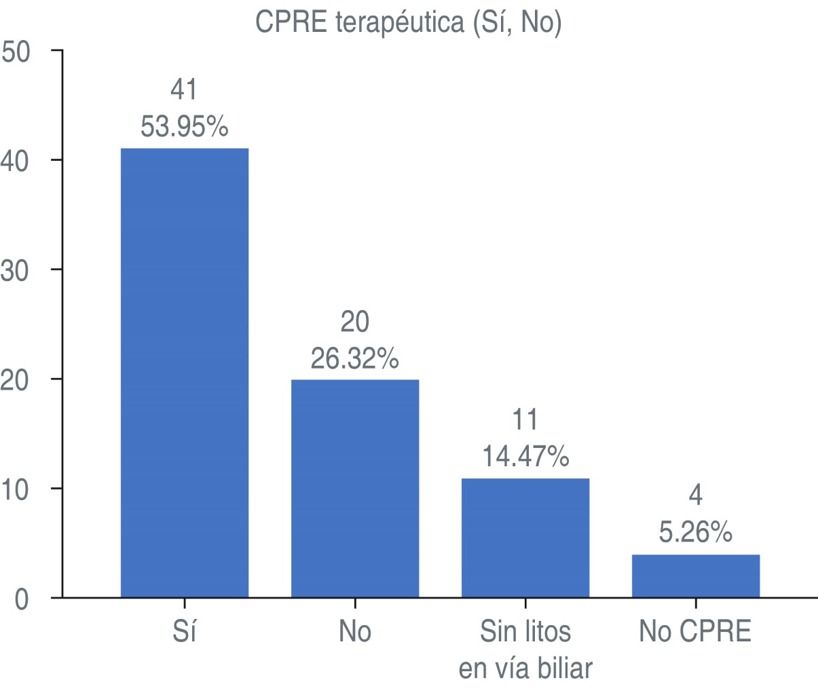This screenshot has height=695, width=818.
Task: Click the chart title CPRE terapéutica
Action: click(408, 22)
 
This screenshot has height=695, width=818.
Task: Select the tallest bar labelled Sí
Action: click(185, 373)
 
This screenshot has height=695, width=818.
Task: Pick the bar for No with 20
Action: click(355, 488)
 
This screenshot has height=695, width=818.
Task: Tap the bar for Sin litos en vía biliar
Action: click(525, 538)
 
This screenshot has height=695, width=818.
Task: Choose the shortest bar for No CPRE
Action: click(696, 576)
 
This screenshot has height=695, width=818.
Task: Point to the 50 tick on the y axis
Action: click(16, 52)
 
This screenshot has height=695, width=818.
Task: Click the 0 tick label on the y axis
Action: click(22, 599)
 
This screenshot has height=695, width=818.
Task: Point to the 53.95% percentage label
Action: click(185, 126)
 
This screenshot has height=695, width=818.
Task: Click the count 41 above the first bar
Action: click(184, 90)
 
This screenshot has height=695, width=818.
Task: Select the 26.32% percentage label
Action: click(355, 358)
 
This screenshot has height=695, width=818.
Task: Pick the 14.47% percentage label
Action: click(525, 457)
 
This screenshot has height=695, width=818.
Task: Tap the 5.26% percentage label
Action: click(696, 532)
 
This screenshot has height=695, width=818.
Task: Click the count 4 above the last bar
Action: click(696, 495)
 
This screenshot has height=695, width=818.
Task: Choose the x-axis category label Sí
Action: click(185, 632)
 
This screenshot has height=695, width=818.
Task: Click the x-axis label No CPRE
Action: click(696, 632)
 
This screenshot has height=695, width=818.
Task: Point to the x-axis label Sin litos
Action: click(525, 632)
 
